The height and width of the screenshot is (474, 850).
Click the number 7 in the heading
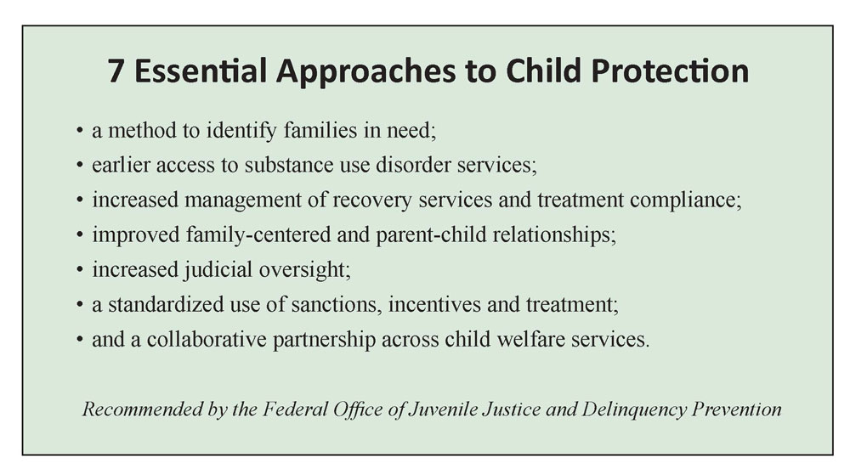[x=116, y=71]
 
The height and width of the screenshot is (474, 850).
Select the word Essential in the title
[x=201, y=71]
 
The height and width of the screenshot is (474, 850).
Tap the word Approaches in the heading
[x=365, y=72]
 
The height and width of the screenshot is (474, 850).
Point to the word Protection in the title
[x=670, y=71]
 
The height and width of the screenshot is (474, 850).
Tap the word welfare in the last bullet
[x=531, y=340]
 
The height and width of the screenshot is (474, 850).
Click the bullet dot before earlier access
[x=80, y=166]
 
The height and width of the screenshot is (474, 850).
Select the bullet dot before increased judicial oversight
[x=80, y=270]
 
